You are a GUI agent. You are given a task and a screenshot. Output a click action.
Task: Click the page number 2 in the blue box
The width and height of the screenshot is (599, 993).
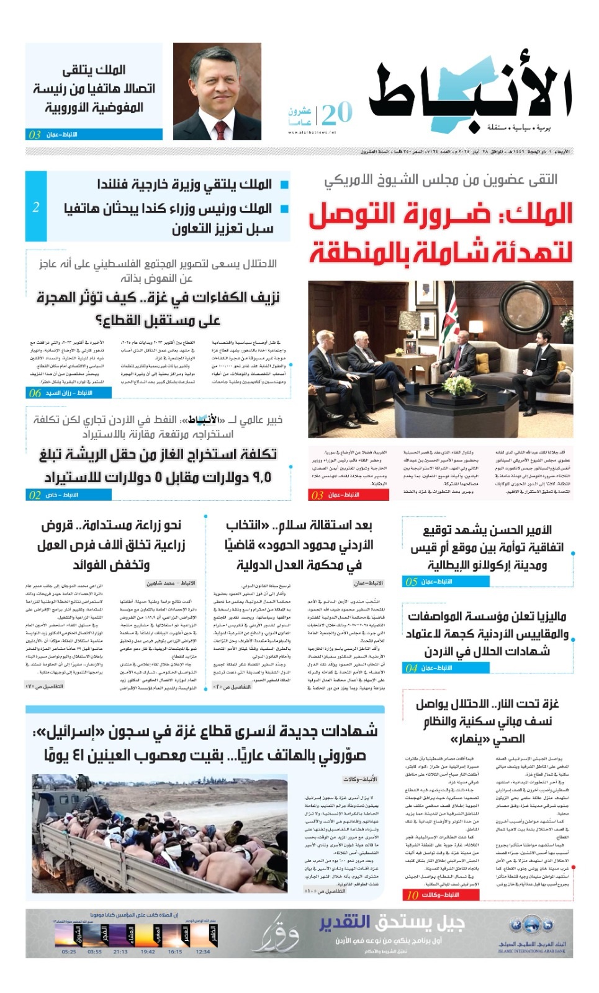36,207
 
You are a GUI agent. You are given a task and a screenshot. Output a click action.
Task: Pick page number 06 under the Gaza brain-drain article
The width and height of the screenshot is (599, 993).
35,393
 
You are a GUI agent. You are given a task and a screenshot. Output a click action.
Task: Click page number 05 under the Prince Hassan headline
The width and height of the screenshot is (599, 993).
412,582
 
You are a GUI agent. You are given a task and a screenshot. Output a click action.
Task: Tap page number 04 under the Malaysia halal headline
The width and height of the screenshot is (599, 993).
412,668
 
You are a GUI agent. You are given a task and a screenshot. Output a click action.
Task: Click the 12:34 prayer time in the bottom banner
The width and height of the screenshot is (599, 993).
203,951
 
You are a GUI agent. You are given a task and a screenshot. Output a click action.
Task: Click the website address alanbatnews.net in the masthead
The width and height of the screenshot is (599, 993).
312,132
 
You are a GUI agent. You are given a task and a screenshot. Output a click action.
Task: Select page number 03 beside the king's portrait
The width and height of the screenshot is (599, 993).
35,135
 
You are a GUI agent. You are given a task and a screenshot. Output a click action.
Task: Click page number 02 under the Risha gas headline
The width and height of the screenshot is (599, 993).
35,495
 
